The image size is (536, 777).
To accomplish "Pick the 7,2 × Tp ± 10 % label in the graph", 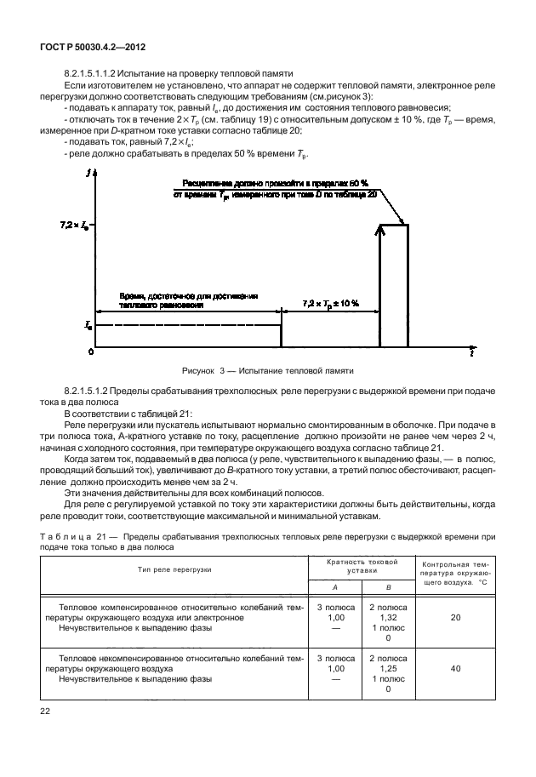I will (331, 303).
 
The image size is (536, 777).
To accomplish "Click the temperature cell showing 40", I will (455, 669).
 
